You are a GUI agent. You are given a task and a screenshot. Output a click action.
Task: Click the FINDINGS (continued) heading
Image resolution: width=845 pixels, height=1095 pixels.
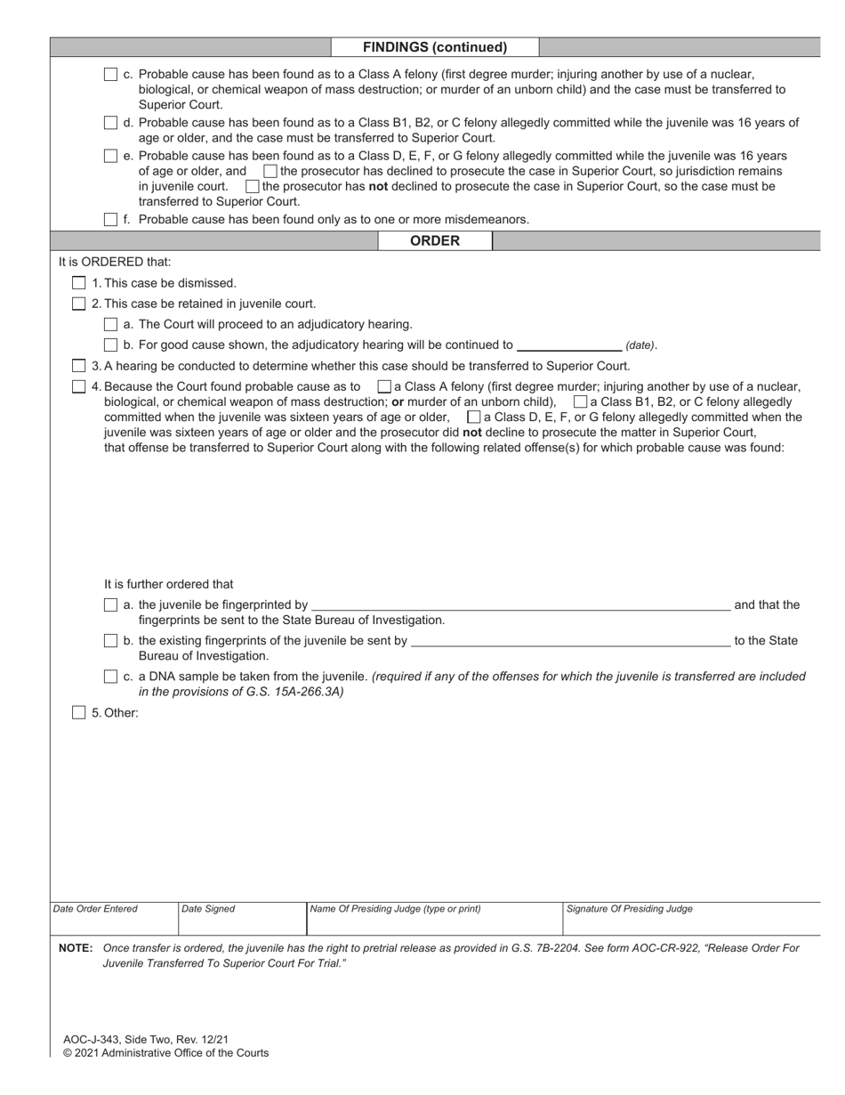434,47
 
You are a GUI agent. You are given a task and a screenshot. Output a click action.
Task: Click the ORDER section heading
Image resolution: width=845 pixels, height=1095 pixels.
434,240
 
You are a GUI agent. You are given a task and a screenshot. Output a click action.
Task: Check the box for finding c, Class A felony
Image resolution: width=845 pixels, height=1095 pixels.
110,75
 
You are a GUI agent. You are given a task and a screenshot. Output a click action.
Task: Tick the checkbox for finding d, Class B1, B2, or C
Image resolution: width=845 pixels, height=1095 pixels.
110,123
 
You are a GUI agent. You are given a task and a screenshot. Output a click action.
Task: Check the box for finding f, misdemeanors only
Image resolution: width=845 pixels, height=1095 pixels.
110,219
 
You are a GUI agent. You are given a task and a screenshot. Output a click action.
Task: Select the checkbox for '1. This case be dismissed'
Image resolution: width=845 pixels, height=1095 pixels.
78,283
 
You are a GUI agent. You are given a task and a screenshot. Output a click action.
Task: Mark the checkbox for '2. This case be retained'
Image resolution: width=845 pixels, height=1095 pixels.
78,304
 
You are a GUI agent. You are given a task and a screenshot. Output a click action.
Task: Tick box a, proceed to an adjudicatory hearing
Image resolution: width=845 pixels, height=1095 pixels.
110,324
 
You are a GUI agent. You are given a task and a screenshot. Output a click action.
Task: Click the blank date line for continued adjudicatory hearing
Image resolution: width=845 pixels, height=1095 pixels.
568,345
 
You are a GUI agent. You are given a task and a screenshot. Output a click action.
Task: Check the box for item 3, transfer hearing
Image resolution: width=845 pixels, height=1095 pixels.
78,366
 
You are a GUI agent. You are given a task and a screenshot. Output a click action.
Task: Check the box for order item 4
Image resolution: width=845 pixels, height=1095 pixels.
78,386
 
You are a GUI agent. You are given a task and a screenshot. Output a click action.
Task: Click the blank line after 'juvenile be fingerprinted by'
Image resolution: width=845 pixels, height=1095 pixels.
519,604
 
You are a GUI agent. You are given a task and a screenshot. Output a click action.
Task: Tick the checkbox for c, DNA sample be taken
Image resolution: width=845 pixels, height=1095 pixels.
110,677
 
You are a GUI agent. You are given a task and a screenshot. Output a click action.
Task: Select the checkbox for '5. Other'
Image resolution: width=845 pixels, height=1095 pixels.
78,712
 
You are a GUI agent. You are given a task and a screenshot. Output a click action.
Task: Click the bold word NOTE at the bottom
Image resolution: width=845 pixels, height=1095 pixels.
76,948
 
